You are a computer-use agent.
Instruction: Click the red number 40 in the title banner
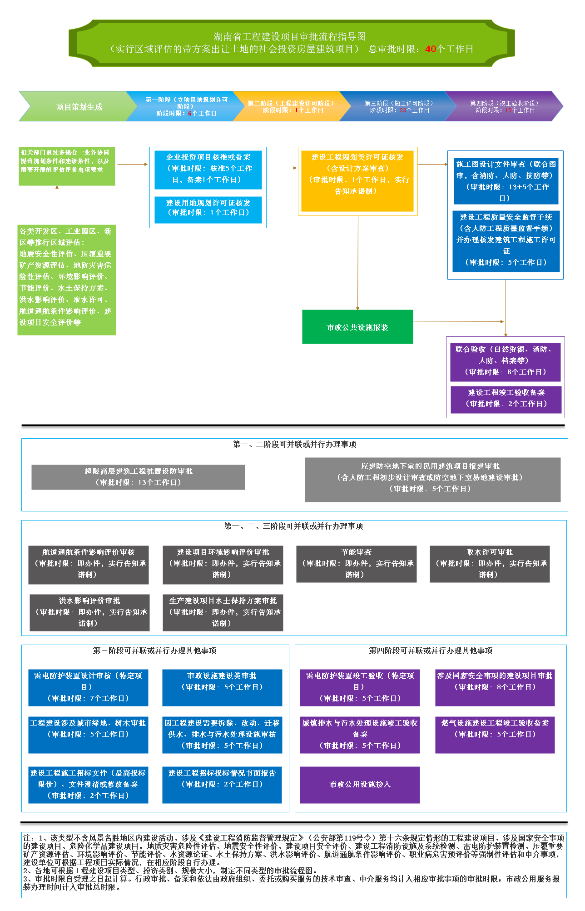(430, 49)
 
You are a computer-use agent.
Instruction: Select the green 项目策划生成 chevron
(79, 107)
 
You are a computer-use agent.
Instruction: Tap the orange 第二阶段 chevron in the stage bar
(291, 107)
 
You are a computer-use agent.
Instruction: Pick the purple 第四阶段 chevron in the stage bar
(504, 107)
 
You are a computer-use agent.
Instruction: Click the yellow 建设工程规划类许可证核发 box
(357, 180)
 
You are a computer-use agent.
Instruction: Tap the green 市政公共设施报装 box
(357, 327)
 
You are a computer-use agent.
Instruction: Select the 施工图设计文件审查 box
(506, 181)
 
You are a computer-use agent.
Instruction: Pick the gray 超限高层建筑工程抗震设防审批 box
(138, 477)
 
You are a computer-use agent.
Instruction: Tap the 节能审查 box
(356, 564)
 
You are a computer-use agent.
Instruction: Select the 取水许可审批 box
(490, 564)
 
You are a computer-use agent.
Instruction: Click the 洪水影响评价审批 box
(89, 612)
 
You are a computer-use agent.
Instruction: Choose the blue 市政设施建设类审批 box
(222, 687)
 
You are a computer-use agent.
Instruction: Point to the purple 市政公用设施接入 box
(360, 785)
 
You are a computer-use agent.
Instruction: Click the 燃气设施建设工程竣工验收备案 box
(495, 735)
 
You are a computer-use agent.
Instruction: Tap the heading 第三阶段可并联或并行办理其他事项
(154, 651)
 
